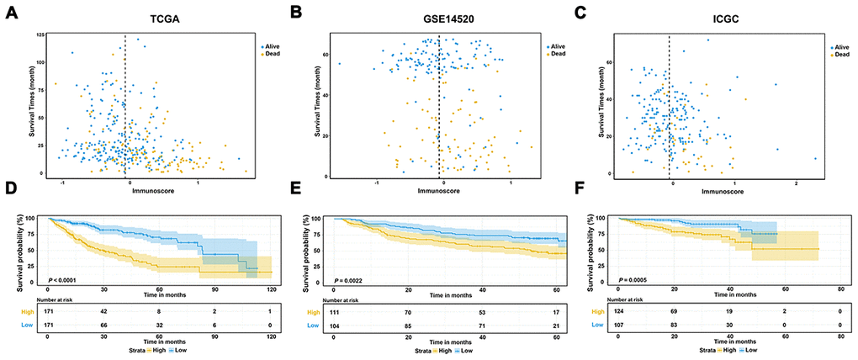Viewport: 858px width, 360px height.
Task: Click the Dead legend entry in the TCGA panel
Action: tap(272, 54)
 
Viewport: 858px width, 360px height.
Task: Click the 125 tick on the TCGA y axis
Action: tap(40, 34)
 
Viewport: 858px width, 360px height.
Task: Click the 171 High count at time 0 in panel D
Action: tap(49, 310)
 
